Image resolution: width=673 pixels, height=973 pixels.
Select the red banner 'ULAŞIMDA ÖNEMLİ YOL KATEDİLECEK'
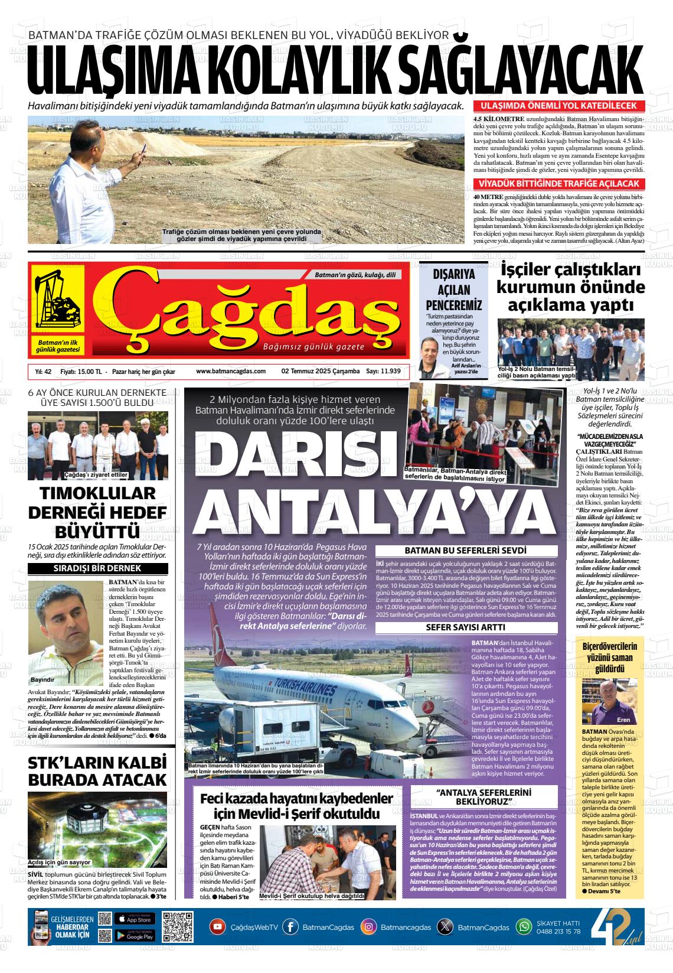tap(558, 106)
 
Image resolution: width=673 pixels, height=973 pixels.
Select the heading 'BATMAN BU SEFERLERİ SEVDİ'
tap(465, 551)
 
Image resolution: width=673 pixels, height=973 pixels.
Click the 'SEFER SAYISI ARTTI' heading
tap(465, 627)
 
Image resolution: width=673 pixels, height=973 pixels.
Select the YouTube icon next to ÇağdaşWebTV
tap(218, 927)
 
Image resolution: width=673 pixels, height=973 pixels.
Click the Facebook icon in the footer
tap(290, 927)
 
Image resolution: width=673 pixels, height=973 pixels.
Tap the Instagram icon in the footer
tap(368, 927)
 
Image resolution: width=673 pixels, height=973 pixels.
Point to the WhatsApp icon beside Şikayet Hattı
tap(524, 927)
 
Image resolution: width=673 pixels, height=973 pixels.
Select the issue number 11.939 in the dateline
tap(390, 371)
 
